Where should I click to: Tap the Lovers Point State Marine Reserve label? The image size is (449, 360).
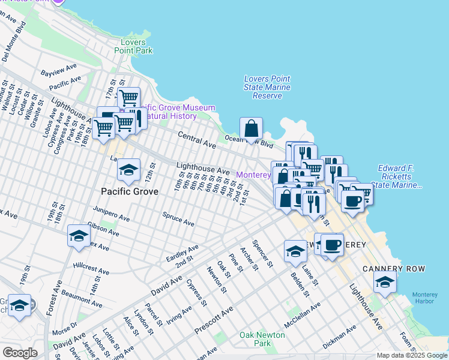[x=267, y=87]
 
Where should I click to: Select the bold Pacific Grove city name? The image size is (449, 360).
[x=130, y=191]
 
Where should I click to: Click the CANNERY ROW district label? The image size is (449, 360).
[x=394, y=269]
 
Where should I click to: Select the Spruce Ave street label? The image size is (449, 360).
[x=178, y=218]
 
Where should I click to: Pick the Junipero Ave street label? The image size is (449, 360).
[x=112, y=214]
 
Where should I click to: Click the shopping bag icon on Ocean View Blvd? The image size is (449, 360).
[x=251, y=128]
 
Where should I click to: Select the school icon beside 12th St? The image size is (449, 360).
[x=128, y=170]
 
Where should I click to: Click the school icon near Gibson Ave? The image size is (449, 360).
[x=79, y=236]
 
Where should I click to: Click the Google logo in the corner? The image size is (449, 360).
[x=20, y=353]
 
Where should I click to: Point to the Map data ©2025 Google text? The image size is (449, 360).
[x=412, y=355]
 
